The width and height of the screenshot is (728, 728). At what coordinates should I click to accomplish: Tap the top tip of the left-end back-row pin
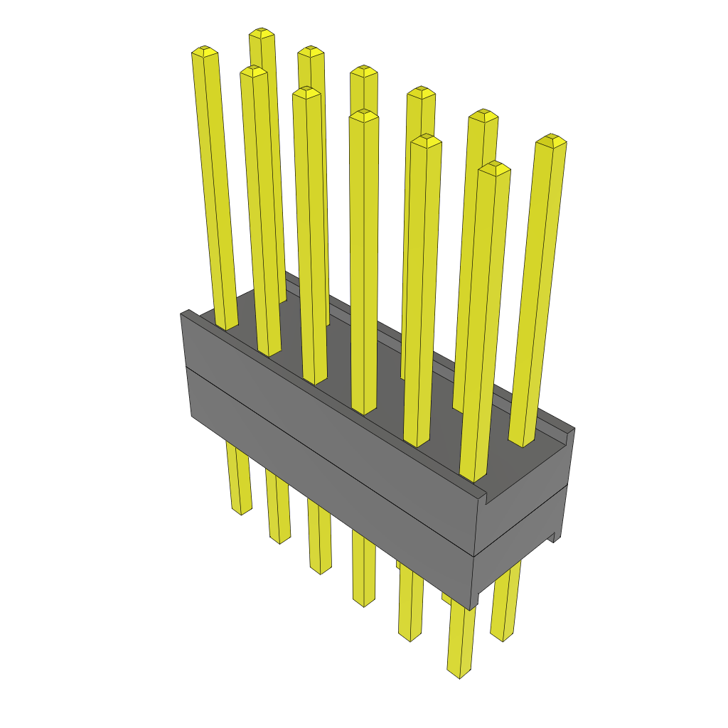tap(262, 33)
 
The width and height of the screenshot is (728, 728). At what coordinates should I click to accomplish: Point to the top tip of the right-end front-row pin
tap(494, 168)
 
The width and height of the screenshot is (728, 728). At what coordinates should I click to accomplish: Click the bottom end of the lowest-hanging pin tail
tap(459, 673)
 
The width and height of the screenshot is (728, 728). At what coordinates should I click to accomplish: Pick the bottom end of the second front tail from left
tap(279, 540)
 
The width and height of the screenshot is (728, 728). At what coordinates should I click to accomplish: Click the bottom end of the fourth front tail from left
tap(363, 603)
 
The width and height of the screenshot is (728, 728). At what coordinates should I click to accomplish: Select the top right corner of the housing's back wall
tap(573, 429)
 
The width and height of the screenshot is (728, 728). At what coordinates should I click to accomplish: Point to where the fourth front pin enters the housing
tap(363, 411)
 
